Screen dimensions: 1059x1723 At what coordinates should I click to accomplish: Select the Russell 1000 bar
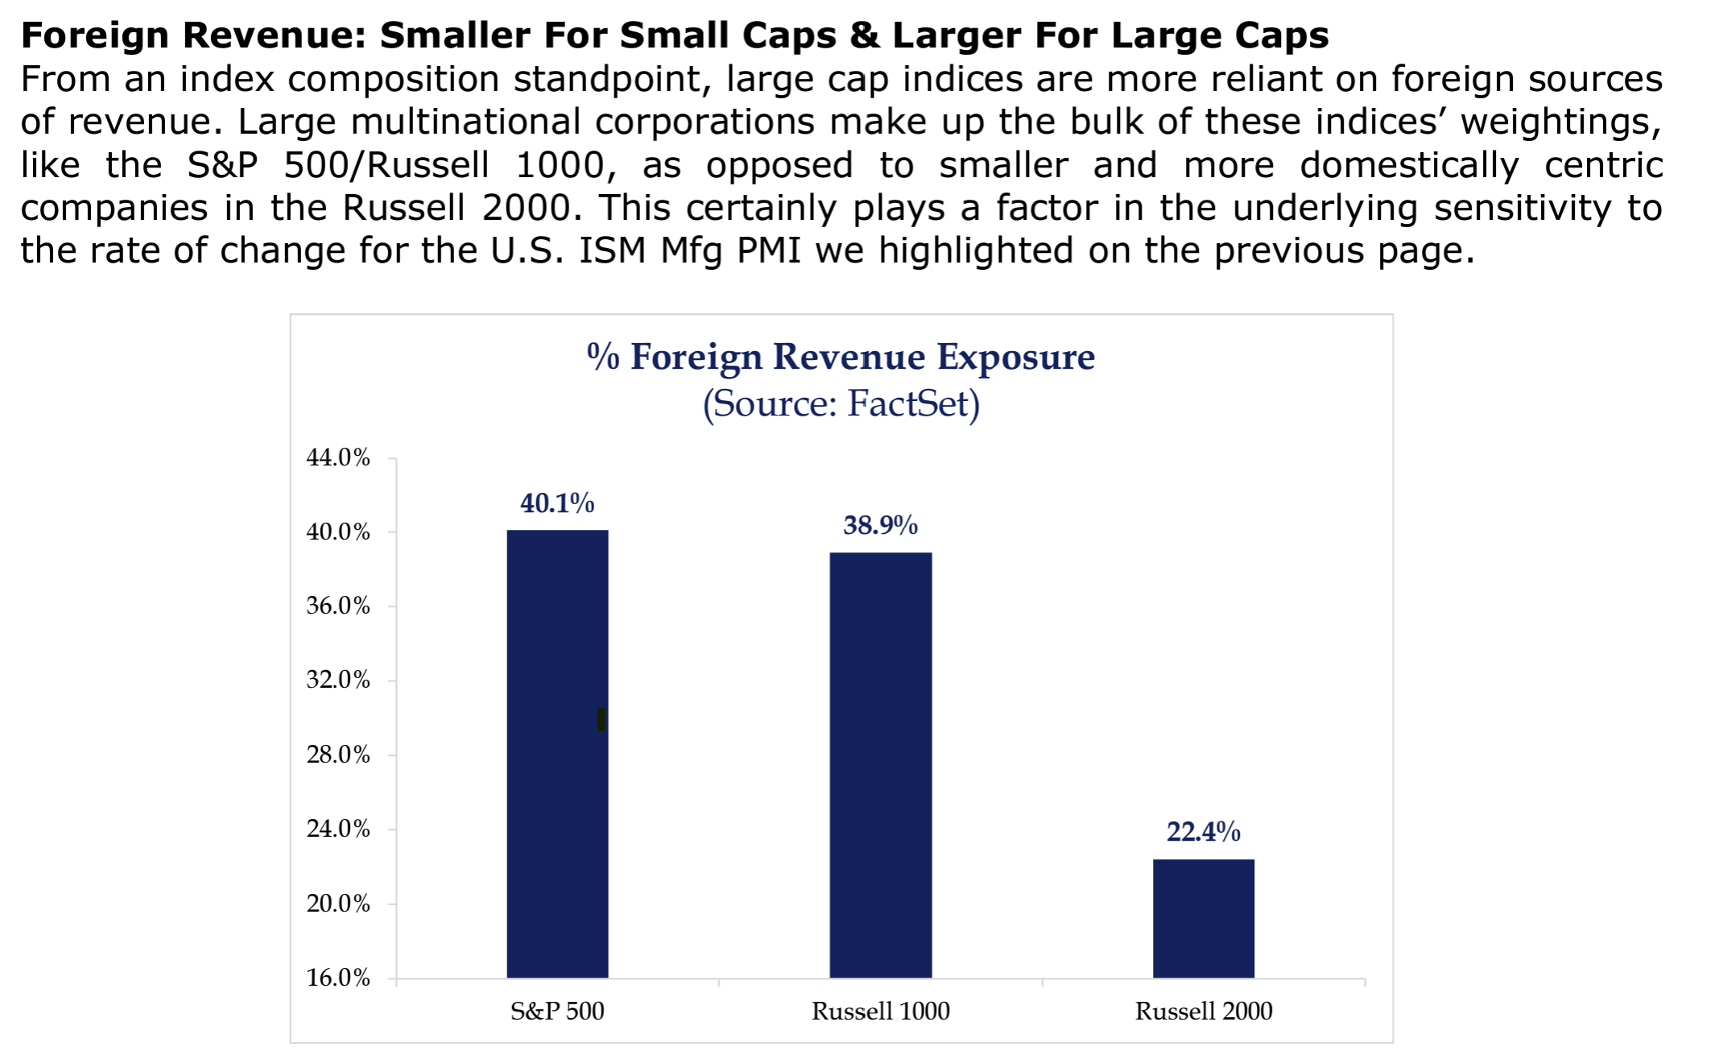(x=881, y=765)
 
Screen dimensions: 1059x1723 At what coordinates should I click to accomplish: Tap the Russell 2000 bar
(x=1203, y=918)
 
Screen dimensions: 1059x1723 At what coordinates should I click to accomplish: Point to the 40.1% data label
(x=557, y=503)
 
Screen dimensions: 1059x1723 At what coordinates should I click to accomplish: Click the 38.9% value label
(x=880, y=525)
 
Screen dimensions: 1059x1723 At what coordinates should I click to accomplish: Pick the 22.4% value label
(x=1203, y=831)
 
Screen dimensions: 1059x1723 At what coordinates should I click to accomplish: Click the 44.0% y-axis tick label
(x=338, y=457)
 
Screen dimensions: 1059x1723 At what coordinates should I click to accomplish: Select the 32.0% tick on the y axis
(x=338, y=680)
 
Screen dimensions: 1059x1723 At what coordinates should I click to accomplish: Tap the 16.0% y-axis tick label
(x=338, y=978)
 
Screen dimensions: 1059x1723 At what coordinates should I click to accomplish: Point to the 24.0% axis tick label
(x=338, y=829)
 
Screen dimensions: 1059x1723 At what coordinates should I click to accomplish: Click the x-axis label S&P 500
(x=557, y=1011)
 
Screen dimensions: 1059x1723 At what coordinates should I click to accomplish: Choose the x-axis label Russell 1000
(x=880, y=1011)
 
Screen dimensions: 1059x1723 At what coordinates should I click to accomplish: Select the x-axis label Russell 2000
(x=1203, y=1011)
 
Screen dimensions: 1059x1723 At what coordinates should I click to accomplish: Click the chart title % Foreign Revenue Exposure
(x=841, y=357)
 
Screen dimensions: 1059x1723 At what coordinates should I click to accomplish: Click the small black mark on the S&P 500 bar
(x=601, y=719)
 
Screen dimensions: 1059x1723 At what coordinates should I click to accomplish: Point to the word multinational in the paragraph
(x=465, y=122)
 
